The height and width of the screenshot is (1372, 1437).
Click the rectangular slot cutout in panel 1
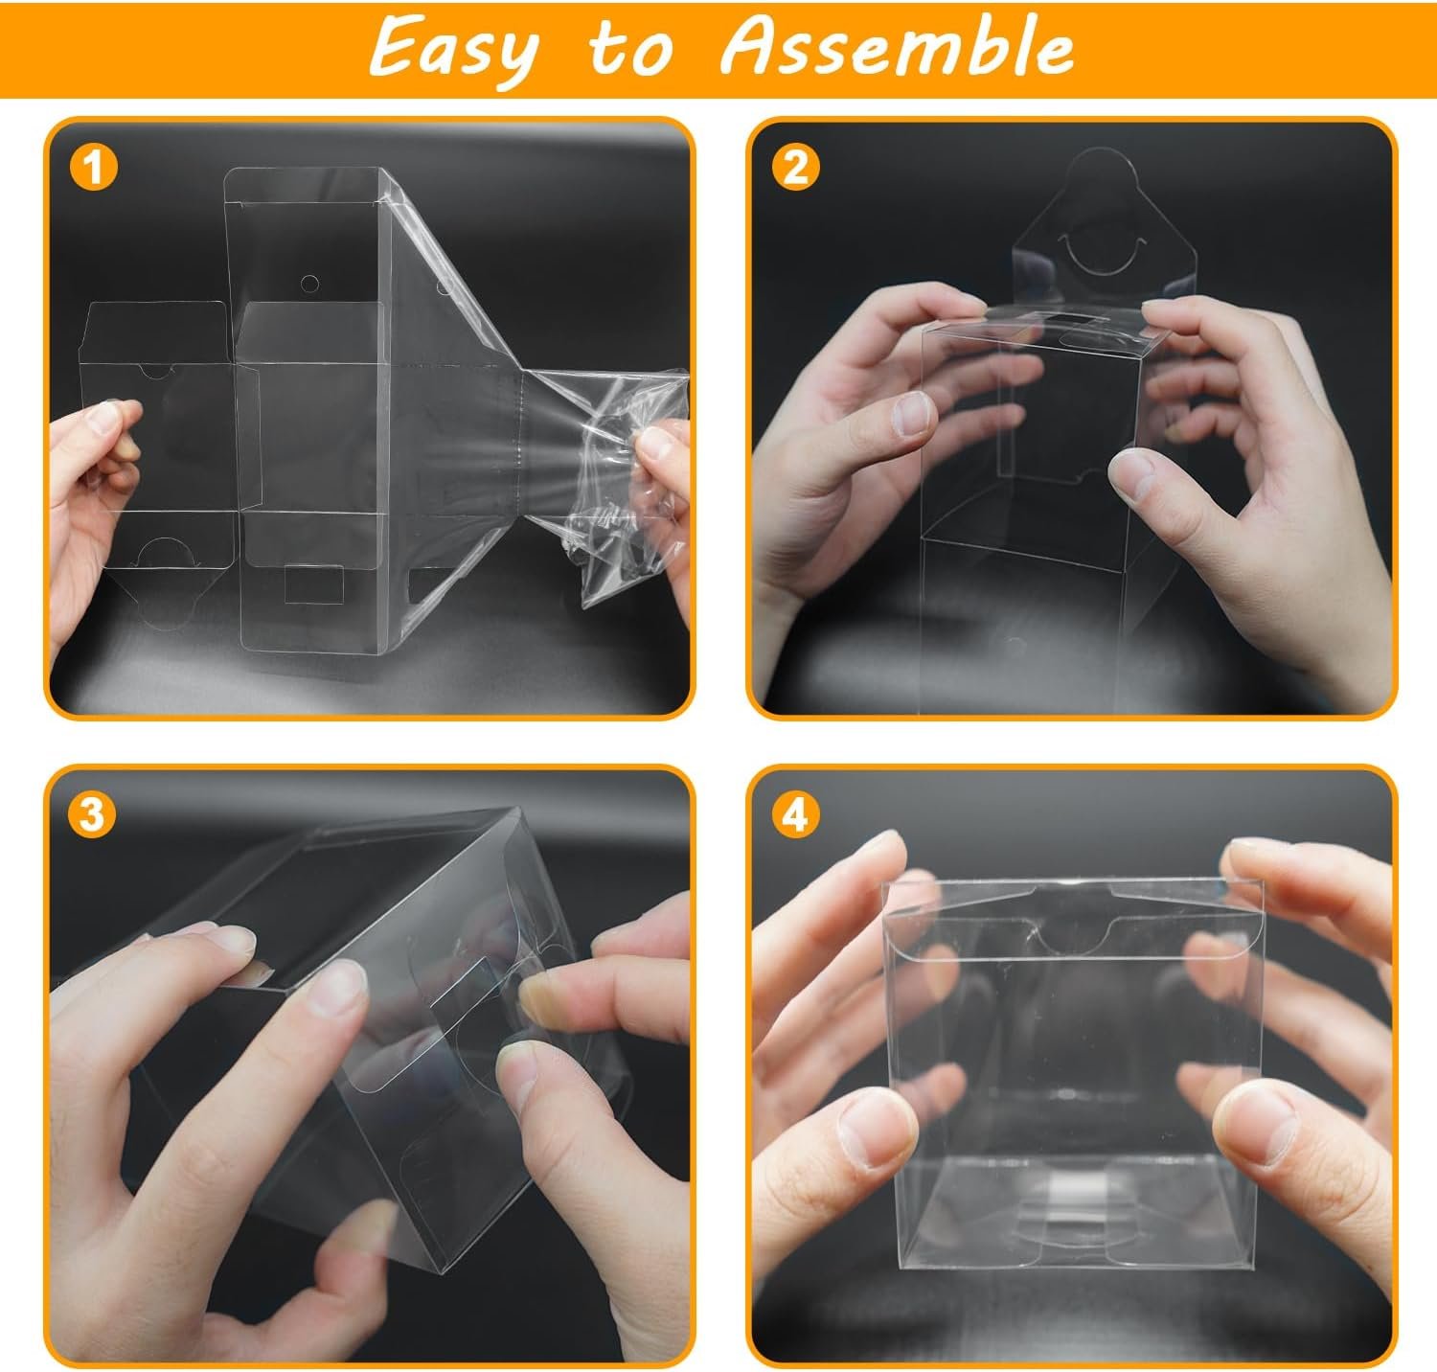pyautogui.click(x=314, y=584)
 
